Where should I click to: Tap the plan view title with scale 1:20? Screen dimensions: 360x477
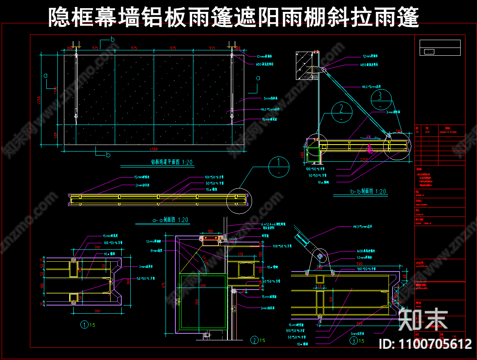172,162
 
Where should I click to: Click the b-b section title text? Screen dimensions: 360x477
368,191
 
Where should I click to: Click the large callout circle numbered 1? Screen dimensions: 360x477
279,167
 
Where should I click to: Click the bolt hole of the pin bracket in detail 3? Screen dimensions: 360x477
320,256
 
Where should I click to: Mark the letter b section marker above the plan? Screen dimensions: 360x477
113,39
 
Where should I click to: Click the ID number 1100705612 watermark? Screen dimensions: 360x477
426,344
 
